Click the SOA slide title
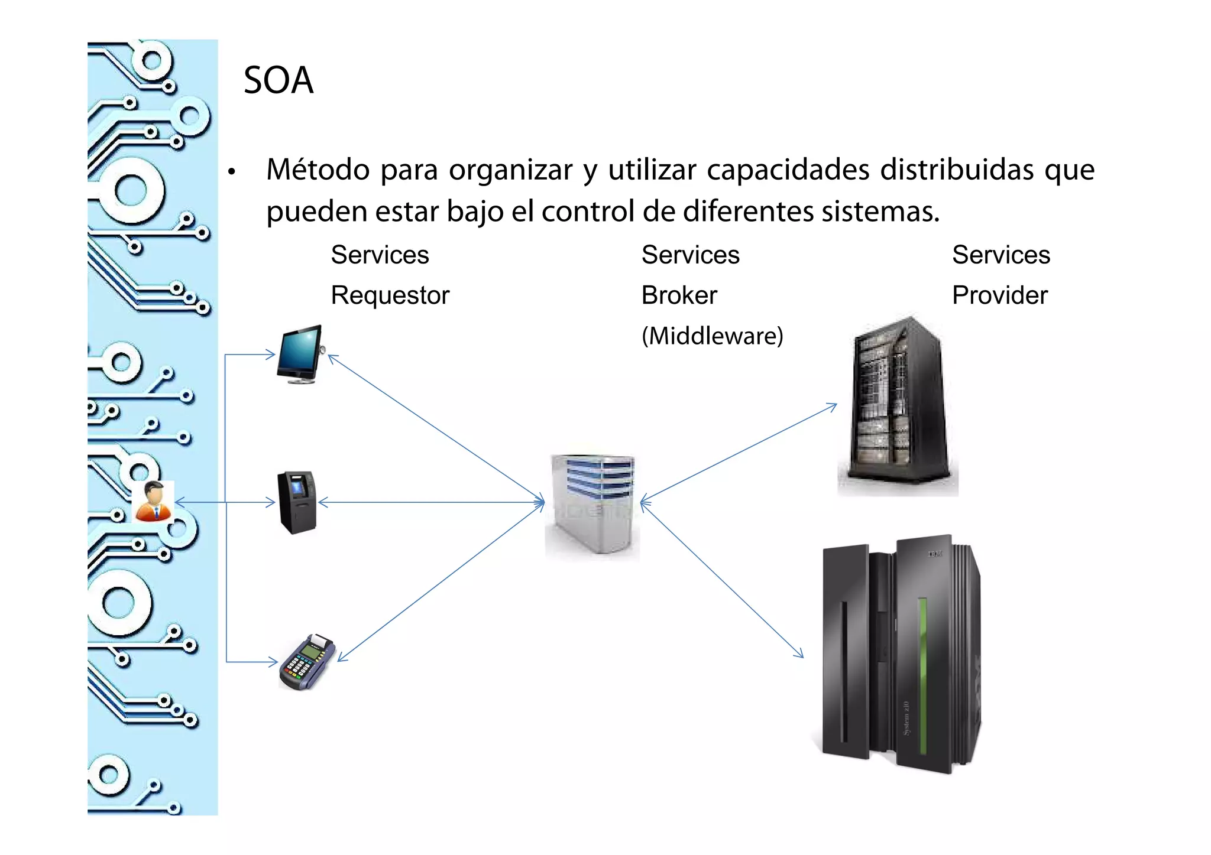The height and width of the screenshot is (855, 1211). point(278,80)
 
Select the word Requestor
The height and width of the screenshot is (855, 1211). point(390,295)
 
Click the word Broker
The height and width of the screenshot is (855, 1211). point(679,295)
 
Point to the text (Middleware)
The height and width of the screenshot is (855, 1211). point(712,336)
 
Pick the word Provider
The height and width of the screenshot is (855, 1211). point(999,295)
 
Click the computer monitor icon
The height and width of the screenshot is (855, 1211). point(300,353)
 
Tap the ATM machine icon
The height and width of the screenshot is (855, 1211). point(297,502)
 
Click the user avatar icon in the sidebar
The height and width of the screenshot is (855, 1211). point(153,502)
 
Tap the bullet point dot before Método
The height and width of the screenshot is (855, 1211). point(232,172)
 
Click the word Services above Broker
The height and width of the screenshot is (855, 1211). point(690,255)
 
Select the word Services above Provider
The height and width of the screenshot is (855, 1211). point(1000,255)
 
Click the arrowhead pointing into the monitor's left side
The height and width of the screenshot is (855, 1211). point(272,355)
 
